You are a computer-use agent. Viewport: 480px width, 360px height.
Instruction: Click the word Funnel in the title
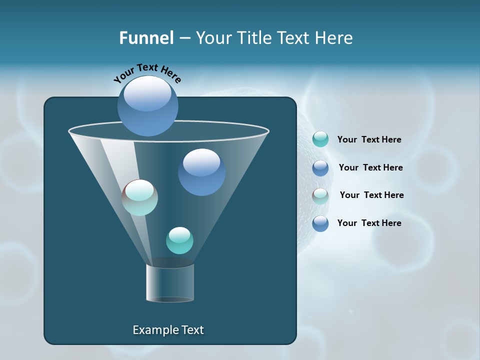coord(146,38)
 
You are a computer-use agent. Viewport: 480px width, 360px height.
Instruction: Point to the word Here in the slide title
coord(334,38)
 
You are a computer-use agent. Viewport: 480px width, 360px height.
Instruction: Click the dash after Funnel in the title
coord(184,38)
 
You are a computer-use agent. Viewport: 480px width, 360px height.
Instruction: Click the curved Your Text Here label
coord(147,72)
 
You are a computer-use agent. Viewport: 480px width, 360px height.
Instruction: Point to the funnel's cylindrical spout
coord(170,282)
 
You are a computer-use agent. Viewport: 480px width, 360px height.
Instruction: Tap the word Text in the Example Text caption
coord(192,330)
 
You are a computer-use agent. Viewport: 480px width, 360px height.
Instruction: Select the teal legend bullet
coord(320,139)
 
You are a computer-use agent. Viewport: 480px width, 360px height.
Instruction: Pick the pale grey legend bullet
coord(320,196)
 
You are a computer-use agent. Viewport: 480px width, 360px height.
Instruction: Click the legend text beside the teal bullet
coord(369,139)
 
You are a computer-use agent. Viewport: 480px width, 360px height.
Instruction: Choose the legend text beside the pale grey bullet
coord(371,195)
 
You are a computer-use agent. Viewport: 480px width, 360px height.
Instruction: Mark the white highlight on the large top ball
coord(147,93)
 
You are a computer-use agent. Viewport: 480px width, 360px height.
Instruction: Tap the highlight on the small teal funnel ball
coord(179,234)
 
